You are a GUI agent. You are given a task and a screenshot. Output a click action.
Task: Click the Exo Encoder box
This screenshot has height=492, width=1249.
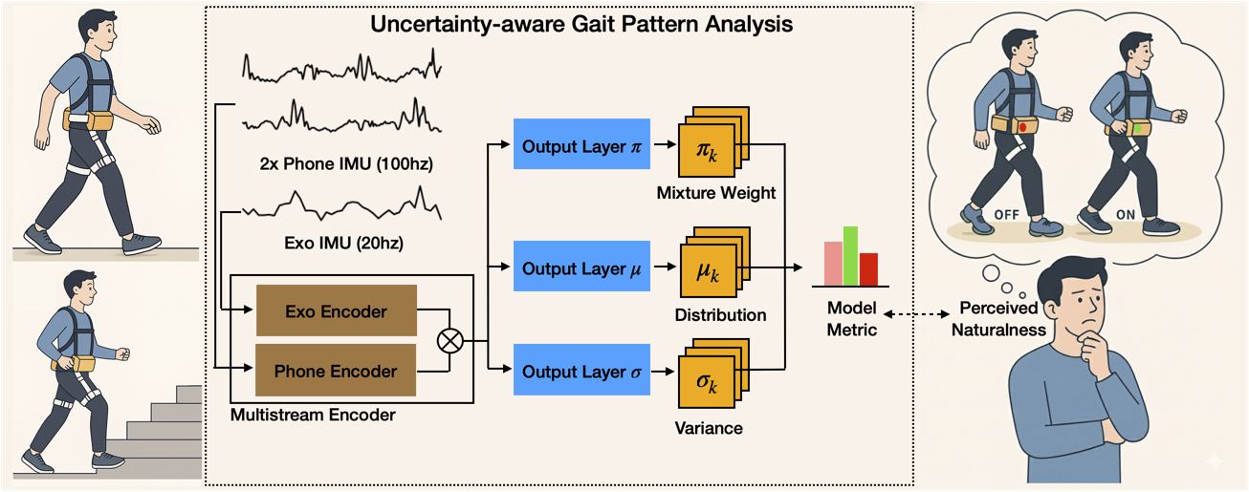[336, 310]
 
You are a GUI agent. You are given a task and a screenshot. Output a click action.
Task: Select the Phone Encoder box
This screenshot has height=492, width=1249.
[336, 372]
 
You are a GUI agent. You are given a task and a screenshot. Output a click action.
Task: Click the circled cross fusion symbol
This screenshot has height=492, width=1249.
[449, 341]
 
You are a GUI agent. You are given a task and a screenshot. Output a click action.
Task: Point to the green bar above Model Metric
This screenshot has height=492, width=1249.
[850, 256]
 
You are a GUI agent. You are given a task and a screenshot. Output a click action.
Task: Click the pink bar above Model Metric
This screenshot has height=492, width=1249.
[833, 264]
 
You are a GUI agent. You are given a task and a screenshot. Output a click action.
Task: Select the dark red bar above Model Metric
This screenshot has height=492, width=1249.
[868, 269]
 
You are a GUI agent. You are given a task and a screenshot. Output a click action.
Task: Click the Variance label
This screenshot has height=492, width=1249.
[709, 429]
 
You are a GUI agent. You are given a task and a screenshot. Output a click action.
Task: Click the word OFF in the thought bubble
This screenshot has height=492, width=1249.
[1007, 214]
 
